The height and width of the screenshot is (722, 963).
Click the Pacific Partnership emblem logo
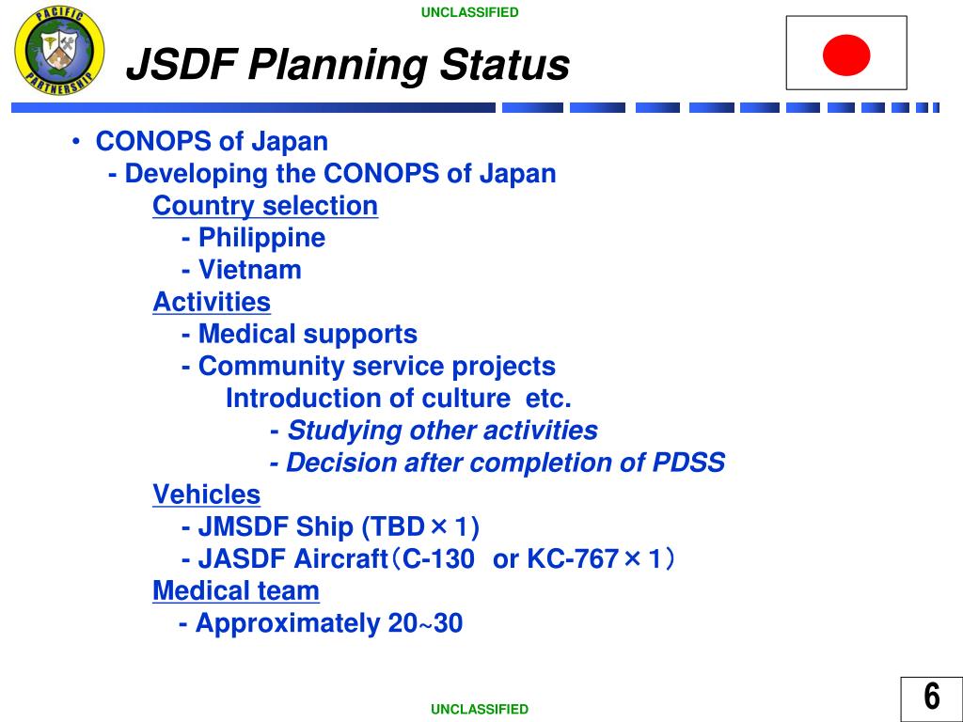pyautogui.click(x=59, y=51)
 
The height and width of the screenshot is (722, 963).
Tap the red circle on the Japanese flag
pyautogui.click(x=846, y=55)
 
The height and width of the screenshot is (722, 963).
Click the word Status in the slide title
pyautogui.click(x=504, y=64)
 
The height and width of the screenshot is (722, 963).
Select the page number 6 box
pyautogui.click(x=931, y=698)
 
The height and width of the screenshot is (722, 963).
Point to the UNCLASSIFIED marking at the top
pyautogui.click(x=470, y=12)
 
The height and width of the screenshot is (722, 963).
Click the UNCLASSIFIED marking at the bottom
pyautogui.click(x=479, y=709)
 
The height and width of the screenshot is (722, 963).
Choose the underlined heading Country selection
pyautogui.click(x=265, y=206)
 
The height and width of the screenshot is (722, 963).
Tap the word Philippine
pyautogui.click(x=261, y=238)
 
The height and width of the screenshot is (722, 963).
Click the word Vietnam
pyautogui.click(x=250, y=270)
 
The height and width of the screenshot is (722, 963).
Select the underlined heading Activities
pyautogui.click(x=212, y=302)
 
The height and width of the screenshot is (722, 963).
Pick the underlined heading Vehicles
pyautogui.click(x=206, y=494)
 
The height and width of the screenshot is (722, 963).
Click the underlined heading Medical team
pyautogui.click(x=236, y=590)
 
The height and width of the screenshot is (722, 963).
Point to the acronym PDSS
pyautogui.click(x=688, y=463)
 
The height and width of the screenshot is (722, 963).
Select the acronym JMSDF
pyautogui.click(x=244, y=526)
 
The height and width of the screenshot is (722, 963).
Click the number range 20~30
pyautogui.click(x=425, y=623)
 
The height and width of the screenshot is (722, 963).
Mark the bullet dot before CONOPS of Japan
pyautogui.click(x=76, y=142)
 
